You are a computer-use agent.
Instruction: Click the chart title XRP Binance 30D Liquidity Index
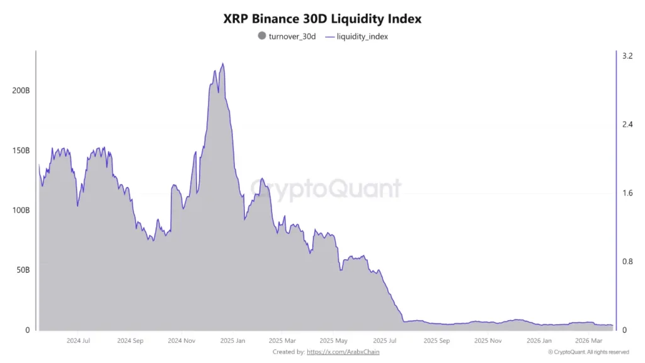[x=322, y=19]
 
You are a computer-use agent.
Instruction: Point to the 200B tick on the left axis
[x=21, y=91]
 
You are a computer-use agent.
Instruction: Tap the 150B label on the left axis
[x=21, y=151]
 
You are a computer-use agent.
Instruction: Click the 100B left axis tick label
[x=21, y=210]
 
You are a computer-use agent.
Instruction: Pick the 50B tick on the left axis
[x=22, y=270]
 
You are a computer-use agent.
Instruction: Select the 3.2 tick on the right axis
[x=627, y=56]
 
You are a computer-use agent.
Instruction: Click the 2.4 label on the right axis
[x=627, y=125]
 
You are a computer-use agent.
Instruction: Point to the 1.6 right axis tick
[x=627, y=193]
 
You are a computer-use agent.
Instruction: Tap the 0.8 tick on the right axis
[x=627, y=262]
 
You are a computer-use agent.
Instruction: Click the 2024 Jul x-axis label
[x=78, y=340]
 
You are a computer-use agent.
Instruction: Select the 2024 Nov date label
[x=181, y=340]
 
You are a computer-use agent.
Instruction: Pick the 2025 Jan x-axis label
[x=233, y=340]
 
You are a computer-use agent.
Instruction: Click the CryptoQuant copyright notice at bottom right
[x=588, y=352]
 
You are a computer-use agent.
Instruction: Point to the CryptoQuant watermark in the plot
[x=326, y=188]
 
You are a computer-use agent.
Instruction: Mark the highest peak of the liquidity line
[x=223, y=64]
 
